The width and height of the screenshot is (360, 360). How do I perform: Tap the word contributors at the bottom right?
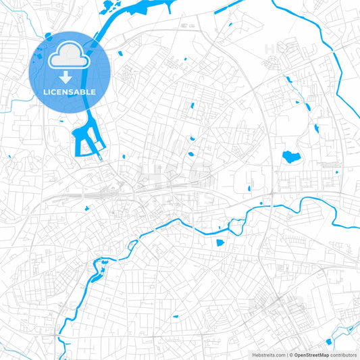click(344, 354)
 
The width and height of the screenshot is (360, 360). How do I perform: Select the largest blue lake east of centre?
click(291, 158)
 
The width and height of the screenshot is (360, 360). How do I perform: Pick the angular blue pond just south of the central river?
click(220, 242)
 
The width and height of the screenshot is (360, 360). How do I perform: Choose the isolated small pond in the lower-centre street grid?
click(176, 315)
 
